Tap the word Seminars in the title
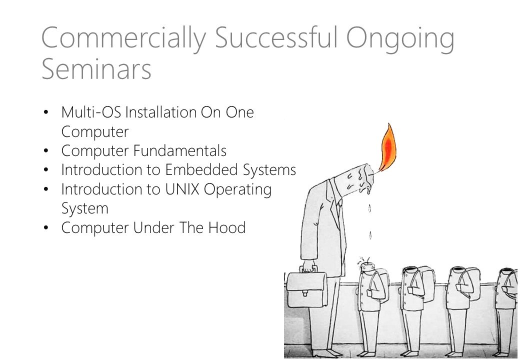(96, 69)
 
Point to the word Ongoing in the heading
(400, 39)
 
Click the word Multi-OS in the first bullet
(91, 112)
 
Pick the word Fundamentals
(179, 150)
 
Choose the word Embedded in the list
(201, 169)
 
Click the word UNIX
(182, 189)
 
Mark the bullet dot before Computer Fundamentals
(46, 151)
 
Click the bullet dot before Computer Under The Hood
(46, 228)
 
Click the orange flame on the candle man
(387, 147)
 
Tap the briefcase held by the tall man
(306, 285)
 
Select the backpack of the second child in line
(425, 284)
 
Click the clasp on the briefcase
(305, 292)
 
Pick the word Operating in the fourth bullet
(238, 190)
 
